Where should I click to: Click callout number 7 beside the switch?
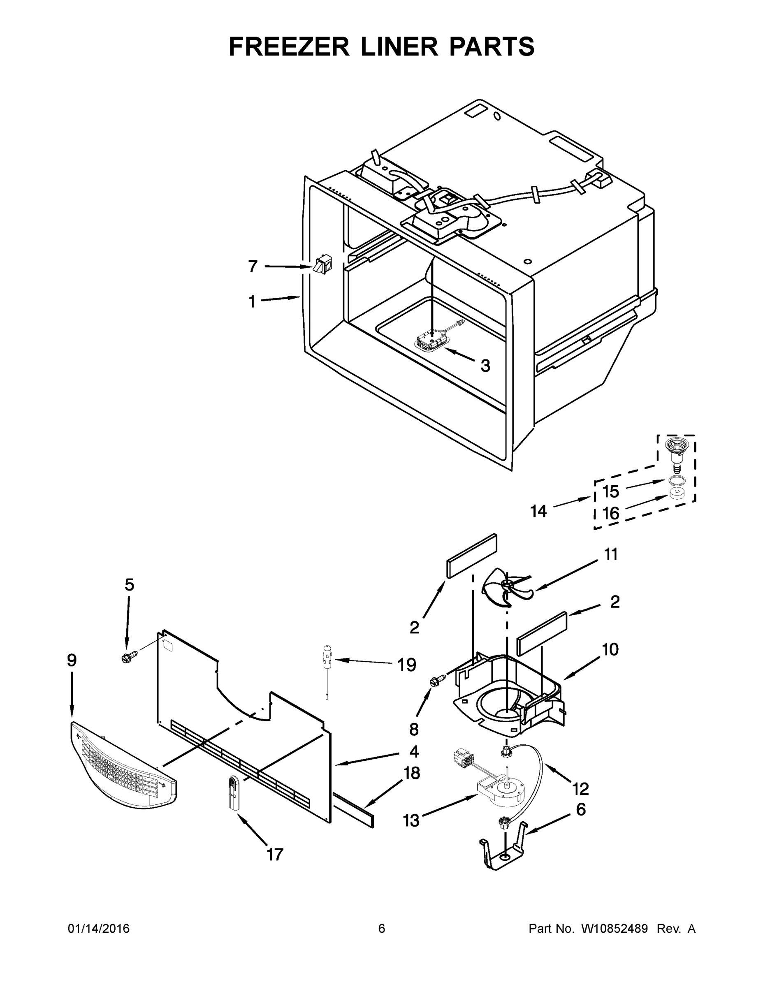(253, 266)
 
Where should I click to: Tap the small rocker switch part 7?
(322, 264)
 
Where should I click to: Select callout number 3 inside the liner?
(485, 366)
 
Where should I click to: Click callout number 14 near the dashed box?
(538, 512)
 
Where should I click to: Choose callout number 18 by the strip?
(411, 773)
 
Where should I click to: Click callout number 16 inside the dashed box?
(611, 513)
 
